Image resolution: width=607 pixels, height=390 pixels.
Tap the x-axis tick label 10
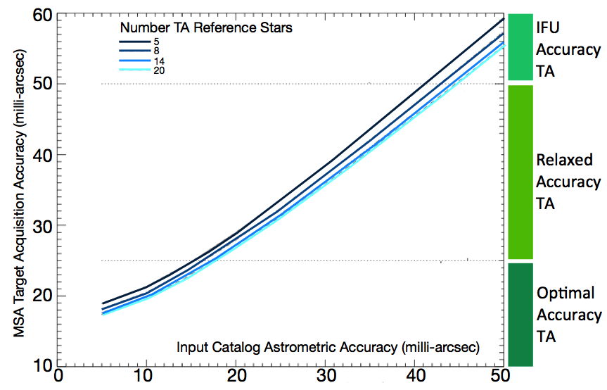[x=147, y=378]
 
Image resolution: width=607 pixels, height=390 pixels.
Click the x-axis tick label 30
[x=325, y=378]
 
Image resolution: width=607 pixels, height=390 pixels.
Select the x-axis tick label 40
[x=414, y=378]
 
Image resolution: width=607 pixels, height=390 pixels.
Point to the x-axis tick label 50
[x=499, y=378]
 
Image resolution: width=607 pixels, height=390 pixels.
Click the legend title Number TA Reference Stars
[x=206, y=28]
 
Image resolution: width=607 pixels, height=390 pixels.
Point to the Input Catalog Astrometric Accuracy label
[x=328, y=347]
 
